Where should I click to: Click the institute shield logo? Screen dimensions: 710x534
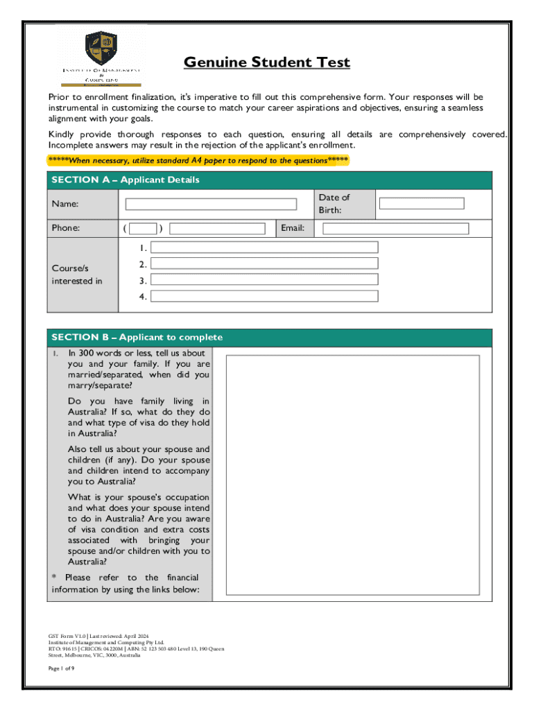[x=100, y=49]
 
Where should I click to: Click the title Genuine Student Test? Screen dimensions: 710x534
[x=267, y=63]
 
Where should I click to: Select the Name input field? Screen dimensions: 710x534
[x=210, y=205]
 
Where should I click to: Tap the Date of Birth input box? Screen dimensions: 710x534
[x=422, y=204]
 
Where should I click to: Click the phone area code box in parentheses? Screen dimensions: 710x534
[x=143, y=229]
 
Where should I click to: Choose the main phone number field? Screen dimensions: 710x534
[x=217, y=229]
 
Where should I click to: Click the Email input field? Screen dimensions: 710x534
[x=396, y=229]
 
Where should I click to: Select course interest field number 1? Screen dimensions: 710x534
[x=264, y=248]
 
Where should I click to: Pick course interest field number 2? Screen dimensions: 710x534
[x=264, y=263]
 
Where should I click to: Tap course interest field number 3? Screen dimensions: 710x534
[x=264, y=280]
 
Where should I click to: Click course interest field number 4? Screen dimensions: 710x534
[x=264, y=296]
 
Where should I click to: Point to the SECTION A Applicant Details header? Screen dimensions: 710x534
[x=126, y=180]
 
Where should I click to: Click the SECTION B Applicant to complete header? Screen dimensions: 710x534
[x=137, y=338]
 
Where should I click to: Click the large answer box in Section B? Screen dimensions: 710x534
[x=352, y=475]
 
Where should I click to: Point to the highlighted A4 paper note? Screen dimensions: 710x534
[x=198, y=161]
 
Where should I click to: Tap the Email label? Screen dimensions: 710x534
[x=293, y=228]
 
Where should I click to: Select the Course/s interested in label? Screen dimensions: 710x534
[x=76, y=275]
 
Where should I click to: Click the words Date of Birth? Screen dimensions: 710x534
[x=334, y=204]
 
